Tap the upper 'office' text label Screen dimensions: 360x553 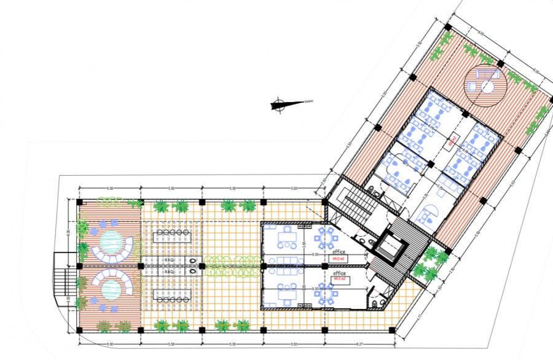coord(339,252)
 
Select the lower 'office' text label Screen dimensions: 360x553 coord(339,273)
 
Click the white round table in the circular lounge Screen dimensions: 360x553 coord(487,87)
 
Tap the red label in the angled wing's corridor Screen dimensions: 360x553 coord(452,141)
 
